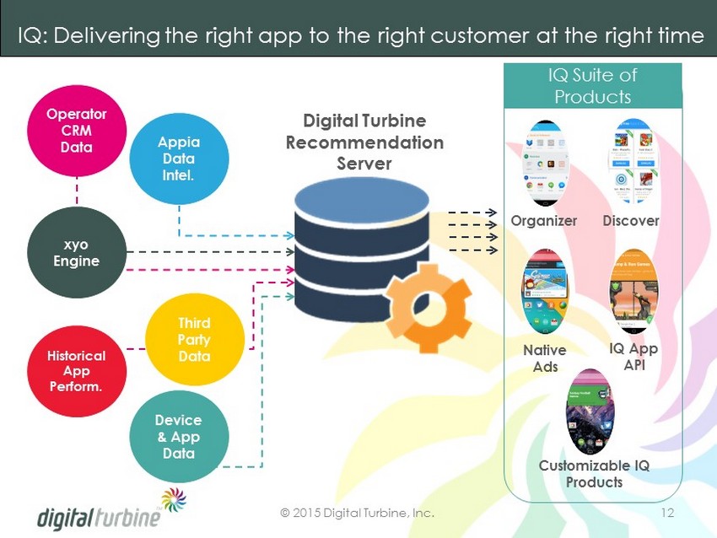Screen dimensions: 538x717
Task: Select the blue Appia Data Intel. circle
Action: point(176,158)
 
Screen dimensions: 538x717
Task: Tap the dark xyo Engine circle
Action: point(76,252)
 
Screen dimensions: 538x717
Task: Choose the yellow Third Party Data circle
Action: point(194,339)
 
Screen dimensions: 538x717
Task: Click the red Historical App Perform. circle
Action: point(76,369)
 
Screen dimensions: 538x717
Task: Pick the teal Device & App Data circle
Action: point(178,435)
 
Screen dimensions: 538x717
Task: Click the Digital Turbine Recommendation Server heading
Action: point(364,142)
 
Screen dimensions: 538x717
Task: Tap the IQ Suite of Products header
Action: point(592,85)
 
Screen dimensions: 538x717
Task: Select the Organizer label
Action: point(544,221)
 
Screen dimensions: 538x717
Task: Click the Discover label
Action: point(630,221)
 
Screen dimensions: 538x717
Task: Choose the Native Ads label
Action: point(545,358)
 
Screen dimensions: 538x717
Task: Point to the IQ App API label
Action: point(633,356)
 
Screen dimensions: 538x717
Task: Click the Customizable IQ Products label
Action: point(594,474)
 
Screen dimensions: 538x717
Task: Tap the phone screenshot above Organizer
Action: point(546,164)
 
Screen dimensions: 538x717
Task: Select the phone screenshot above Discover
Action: point(633,164)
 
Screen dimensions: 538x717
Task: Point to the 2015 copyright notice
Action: point(358,512)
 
